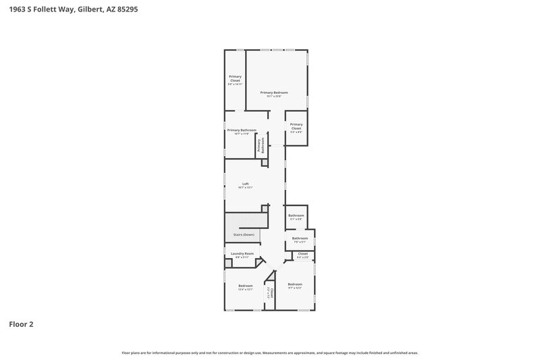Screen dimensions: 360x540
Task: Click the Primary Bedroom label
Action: pyautogui.click(x=274, y=92)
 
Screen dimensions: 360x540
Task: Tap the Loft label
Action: pyautogui.click(x=246, y=184)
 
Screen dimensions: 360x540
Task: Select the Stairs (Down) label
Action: pyautogui.click(x=244, y=234)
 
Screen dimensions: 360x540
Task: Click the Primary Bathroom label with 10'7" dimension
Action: pyautogui.click(x=242, y=130)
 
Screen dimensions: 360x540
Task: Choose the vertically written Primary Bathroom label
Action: pyautogui.click(x=259, y=146)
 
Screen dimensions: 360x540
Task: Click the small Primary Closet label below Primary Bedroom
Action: pyautogui.click(x=296, y=126)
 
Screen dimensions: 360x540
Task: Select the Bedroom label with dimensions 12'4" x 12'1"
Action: pyautogui.click(x=245, y=286)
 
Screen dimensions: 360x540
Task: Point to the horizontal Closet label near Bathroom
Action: pyautogui.click(x=302, y=254)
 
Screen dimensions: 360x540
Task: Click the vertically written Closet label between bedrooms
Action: pyautogui.click(x=270, y=292)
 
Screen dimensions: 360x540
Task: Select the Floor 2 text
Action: pyautogui.click(x=21, y=324)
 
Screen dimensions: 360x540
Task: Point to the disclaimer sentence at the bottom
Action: pyautogui.click(x=269, y=353)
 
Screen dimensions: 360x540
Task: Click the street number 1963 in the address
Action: pyautogui.click(x=16, y=10)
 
